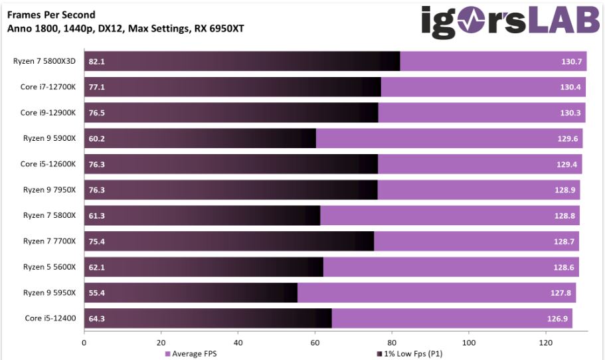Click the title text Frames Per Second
click(x=51, y=15)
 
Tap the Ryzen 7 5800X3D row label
click(x=45, y=61)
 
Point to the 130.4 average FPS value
click(x=570, y=87)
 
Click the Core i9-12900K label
click(x=48, y=113)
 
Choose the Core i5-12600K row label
click(x=48, y=164)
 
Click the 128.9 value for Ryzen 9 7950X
click(x=565, y=190)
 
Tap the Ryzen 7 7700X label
click(x=50, y=241)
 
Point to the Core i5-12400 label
click(x=48, y=318)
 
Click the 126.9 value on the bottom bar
click(x=559, y=318)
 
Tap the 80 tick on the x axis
click(x=392, y=343)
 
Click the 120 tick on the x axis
click(x=545, y=343)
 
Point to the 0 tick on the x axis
click(x=84, y=343)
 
